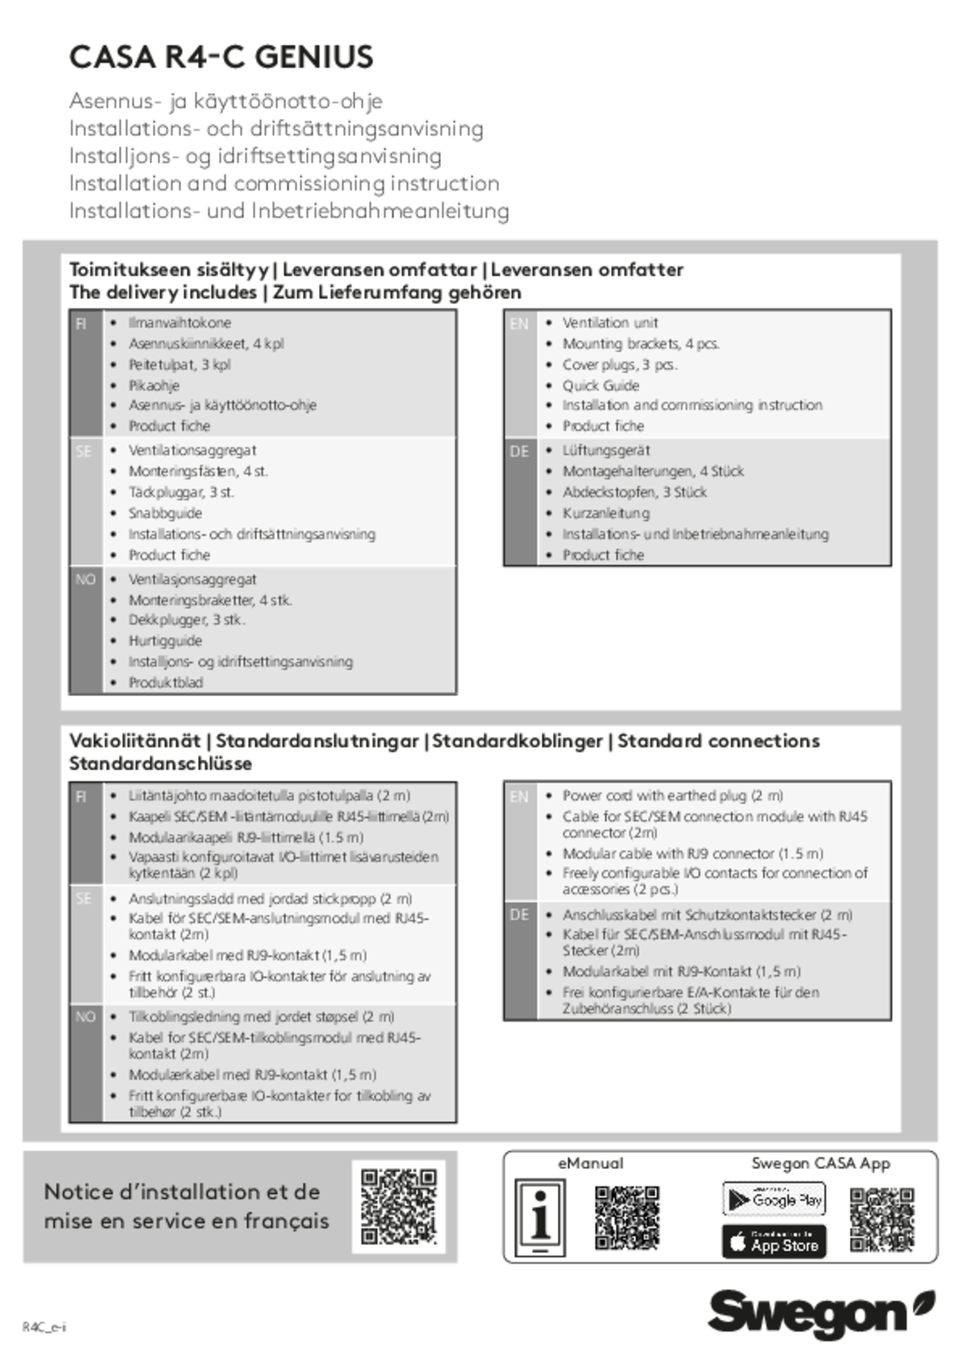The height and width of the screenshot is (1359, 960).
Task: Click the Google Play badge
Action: coord(774,1200)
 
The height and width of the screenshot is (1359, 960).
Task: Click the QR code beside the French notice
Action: coord(398,1207)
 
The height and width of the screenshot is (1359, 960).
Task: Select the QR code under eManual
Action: coord(627,1218)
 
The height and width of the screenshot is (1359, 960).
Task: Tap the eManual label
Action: coord(590,1163)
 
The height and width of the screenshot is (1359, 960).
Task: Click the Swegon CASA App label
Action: coord(821,1163)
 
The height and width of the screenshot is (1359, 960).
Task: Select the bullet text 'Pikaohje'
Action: coord(154,385)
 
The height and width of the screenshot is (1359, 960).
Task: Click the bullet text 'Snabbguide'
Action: coord(165,513)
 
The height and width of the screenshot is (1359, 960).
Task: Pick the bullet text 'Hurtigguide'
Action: coord(165,640)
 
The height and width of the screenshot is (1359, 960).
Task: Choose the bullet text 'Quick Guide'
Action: coord(601,385)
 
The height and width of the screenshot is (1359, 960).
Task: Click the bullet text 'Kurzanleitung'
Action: coord(606,513)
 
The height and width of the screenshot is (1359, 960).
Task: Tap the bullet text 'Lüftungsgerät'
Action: coord(606,450)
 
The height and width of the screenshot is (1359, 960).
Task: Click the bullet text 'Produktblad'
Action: coord(166,683)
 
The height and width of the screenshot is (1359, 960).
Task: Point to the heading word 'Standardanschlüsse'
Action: coord(160,764)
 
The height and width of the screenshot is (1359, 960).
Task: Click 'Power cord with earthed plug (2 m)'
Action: coord(673,796)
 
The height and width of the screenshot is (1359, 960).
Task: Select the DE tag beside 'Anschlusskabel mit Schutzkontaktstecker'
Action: coord(520,915)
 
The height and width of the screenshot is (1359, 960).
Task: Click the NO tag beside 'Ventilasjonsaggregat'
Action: coord(85,579)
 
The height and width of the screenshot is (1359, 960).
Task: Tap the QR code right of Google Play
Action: coord(882,1220)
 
